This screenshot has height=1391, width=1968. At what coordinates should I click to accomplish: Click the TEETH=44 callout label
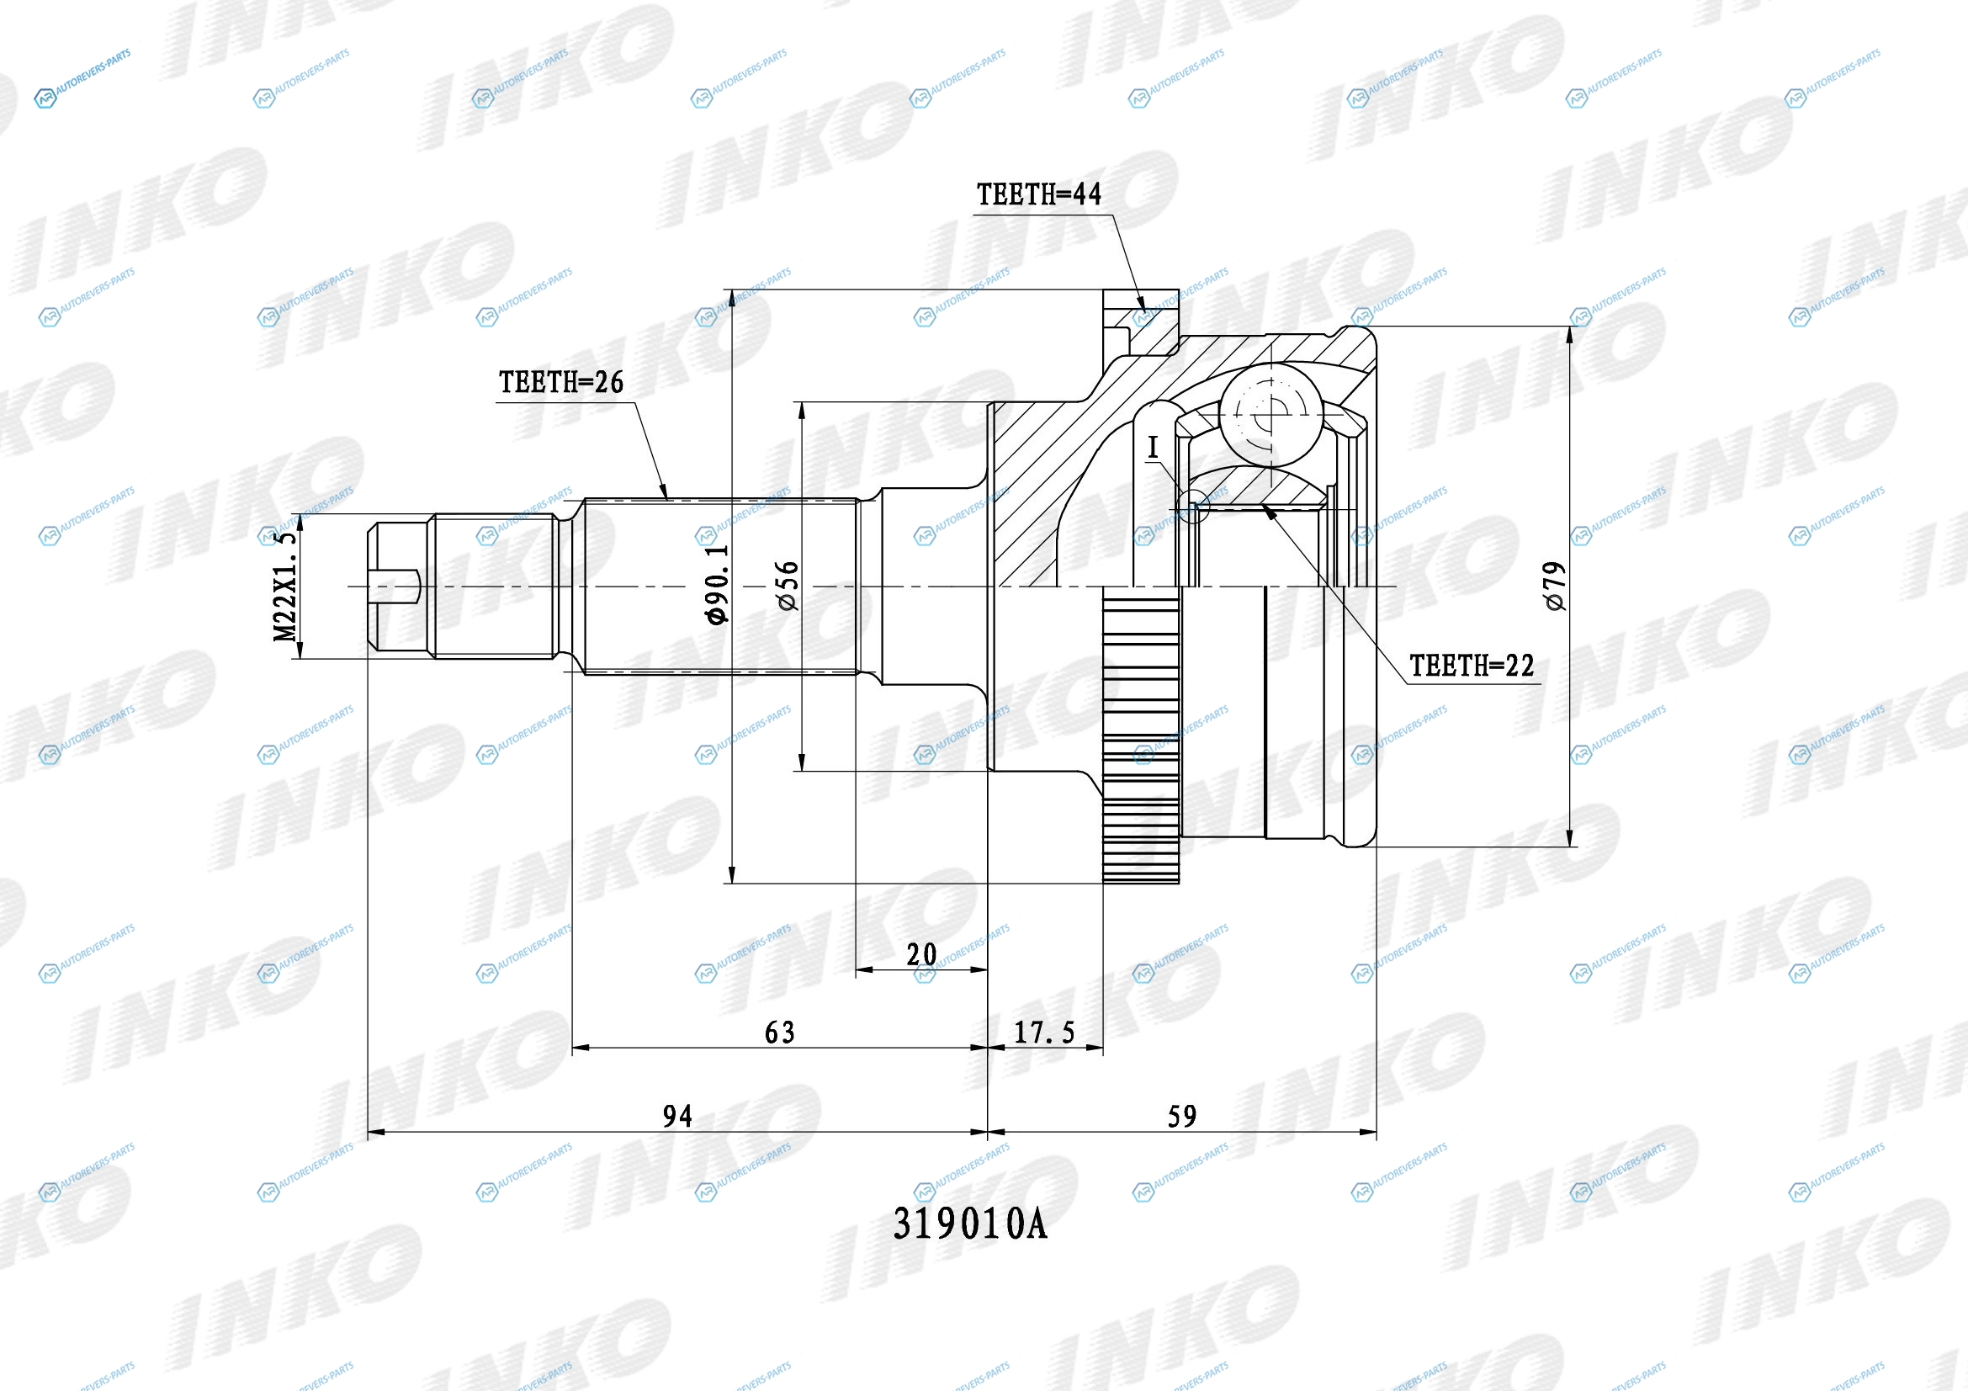click(1039, 194)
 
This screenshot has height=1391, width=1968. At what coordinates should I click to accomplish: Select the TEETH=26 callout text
click(561, 382)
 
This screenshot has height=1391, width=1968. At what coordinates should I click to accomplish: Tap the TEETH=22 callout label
click(1472, 665)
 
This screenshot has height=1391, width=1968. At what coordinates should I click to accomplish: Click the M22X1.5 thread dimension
click(284, 586)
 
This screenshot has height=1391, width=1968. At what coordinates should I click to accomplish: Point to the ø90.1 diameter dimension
click(718, 584)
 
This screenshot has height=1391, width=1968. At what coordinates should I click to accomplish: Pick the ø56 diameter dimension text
click(787, 586)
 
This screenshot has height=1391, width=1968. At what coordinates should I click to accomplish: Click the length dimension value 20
click(921, 954)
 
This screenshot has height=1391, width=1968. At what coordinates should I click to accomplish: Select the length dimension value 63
click(780, 1033)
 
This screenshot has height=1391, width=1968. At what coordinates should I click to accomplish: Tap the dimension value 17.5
click(1044, 1033)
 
